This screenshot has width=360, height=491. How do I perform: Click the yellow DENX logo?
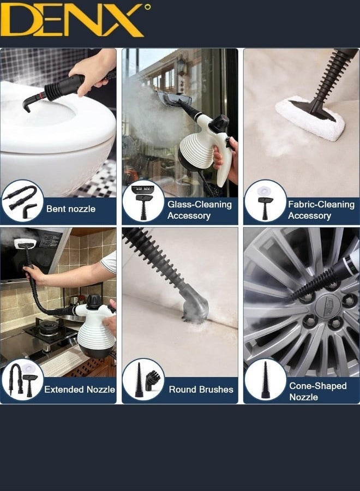(x=74, y=21)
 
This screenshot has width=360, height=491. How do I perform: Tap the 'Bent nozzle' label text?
(x=71, y=209)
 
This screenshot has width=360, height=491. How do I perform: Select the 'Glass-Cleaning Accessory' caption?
(x=199, y=210)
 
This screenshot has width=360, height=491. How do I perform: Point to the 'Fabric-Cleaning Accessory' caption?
(x=321, y=210)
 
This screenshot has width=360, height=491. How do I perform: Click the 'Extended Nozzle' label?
(x=80, y=390)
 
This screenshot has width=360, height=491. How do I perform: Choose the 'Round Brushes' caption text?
(x=201, y=390)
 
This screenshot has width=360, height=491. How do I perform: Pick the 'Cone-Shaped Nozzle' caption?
(x=317, y=391)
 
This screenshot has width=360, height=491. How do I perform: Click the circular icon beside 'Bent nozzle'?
(x=22, y=201)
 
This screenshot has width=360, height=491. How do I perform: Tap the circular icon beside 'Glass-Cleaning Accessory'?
(x=143, y=201)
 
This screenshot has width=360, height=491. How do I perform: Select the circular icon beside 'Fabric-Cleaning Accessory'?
(x=265, y=201)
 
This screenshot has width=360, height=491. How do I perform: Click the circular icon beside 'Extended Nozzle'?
(x=22, y=380)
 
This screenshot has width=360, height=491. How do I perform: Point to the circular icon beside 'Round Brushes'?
(x=143, y=380)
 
